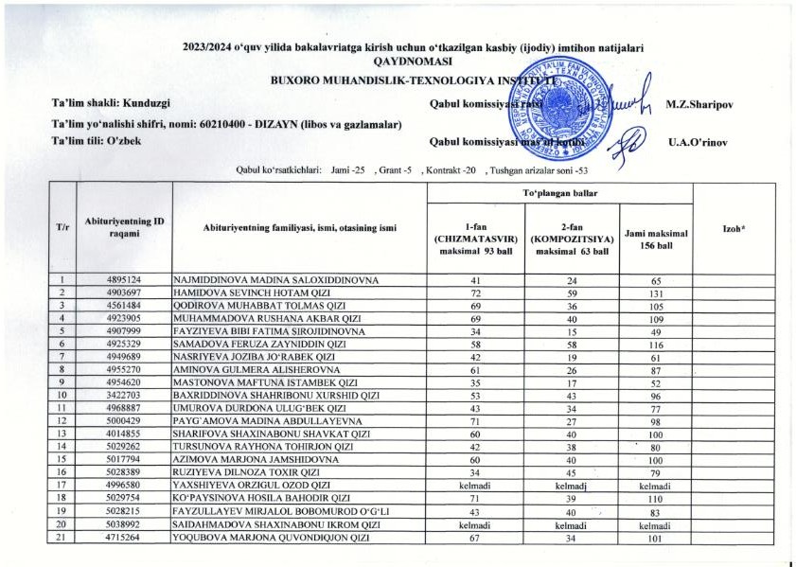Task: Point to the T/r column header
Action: click(62, 227)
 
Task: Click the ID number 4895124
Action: click(124, 281)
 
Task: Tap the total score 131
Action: click(655, 293)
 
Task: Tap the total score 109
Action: click(655, 318)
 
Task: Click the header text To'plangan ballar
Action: click(560, 191)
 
